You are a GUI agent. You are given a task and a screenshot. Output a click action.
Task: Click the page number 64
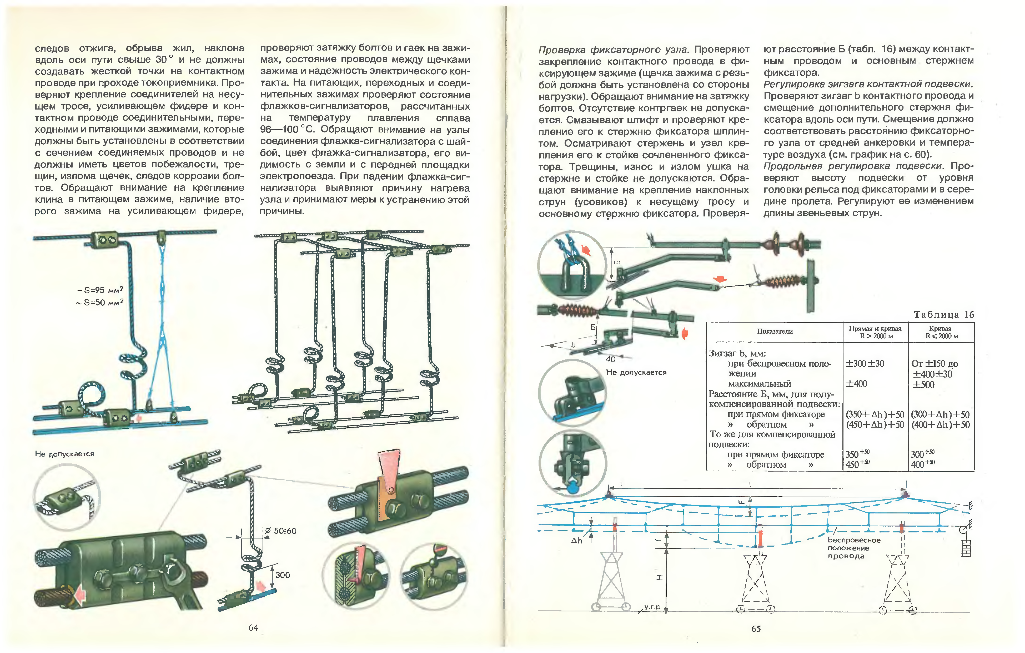253,627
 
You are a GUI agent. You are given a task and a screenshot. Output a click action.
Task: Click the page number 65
756,628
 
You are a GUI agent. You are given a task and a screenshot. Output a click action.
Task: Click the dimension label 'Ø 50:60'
281,531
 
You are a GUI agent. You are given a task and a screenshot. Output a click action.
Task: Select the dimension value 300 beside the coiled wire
283,575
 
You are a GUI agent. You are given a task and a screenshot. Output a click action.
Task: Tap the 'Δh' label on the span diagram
576,541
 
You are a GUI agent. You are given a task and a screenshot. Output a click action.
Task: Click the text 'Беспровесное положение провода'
853,548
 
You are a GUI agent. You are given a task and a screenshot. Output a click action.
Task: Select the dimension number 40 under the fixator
610,359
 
